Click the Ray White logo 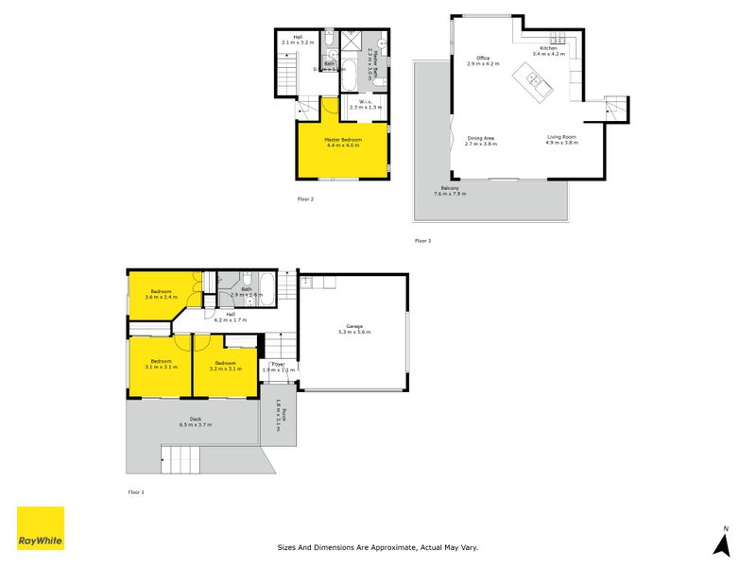click(x=41, y=528)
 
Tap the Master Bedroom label click(x=344, y=142)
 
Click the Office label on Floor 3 click(x=482, y=60)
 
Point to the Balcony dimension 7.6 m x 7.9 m click(x=450, y=194)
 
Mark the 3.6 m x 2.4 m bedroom click(x=161, y=294)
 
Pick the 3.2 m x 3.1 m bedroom click(x=225, y=366)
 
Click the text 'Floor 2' click(x=305, y=199)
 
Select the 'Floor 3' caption click(x=422, y=241)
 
